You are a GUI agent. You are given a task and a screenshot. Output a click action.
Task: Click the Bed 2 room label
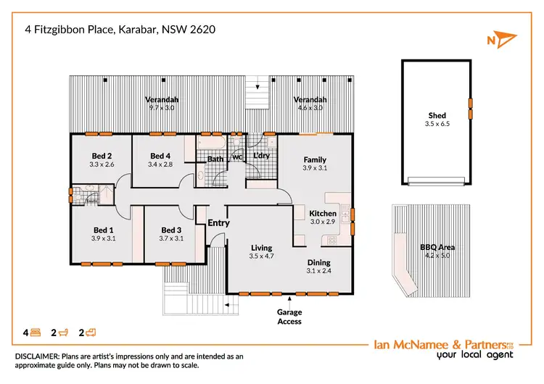click(x=102, y=156)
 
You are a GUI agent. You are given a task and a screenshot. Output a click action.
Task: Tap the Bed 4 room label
click(x=160, y=156)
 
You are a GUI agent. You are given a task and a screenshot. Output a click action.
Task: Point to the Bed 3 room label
click(x=171, y=229)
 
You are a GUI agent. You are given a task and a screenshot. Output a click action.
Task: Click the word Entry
click(x=218, y=223)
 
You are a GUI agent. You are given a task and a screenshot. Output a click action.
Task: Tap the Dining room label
click(x=318, y=262)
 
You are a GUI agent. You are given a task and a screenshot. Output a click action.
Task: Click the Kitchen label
click(x=323, y=214)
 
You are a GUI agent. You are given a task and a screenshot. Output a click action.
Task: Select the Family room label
click(x=315, y=159)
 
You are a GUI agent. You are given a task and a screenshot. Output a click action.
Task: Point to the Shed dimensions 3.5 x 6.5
click(x=437, y=124)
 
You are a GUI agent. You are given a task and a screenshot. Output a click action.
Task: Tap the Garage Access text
click(x=289, y=317)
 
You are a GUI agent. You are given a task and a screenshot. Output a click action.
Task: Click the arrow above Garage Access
click(x=289, y=299)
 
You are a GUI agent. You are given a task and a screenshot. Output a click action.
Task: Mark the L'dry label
click(x=260, y=156)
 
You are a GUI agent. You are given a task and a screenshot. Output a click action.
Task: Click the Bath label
click(x=215, y=159)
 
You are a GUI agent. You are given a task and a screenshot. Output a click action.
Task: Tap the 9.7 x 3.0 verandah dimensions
click(x=162, y=108)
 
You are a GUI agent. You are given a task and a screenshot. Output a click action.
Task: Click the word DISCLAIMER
click(x=41, y=356)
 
